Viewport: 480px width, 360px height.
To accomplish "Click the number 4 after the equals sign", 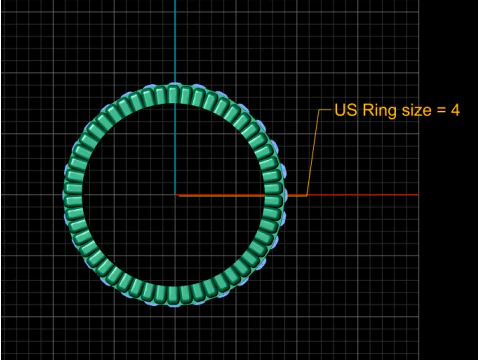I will click(455, 109).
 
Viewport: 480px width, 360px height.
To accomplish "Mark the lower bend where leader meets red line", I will click(306, 195).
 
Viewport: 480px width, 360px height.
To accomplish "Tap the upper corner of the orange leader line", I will click(320, 109).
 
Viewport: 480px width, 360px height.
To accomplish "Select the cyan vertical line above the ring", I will click(175, 40).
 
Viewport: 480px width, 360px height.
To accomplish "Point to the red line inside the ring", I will click(220, 195).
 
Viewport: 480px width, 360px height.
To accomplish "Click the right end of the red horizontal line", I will click(417, 195).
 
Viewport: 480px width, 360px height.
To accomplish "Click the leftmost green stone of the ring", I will click(74, 195).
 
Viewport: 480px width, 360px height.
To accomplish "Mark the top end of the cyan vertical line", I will click(175, 2).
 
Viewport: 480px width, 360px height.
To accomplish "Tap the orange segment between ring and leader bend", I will click(295, 195).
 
